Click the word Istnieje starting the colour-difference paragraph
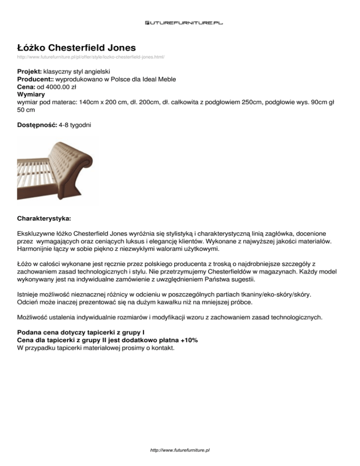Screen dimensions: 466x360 [28, 294]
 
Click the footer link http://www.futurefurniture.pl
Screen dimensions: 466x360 [180, 450]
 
